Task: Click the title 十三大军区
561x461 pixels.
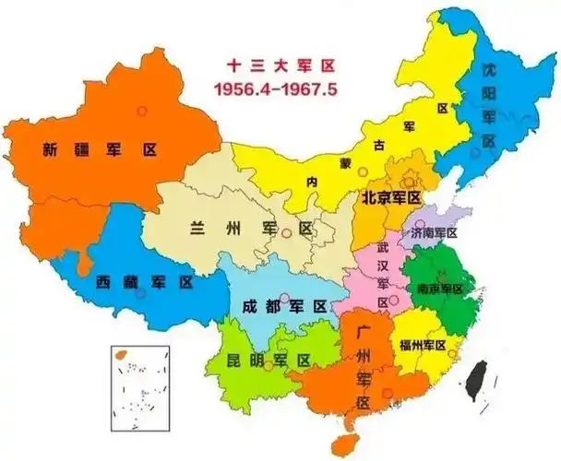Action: point(272,66)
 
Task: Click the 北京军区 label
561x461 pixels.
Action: point(390,197)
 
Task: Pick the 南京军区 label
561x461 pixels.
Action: point(439,289)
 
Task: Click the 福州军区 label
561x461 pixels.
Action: point(423,345)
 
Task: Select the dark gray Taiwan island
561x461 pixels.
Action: point(478,378)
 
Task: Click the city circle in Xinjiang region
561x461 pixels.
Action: point(141,111)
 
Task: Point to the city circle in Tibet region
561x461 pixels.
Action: point(140,295)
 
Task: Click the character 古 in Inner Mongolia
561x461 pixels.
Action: point(376,145)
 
